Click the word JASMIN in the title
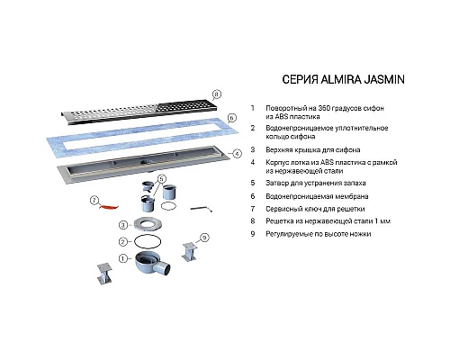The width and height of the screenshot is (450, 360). (384, 79)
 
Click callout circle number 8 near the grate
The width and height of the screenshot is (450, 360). (216, 94)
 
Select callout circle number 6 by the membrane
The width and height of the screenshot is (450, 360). (231, 118)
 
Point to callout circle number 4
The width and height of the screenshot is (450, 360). (237, 154)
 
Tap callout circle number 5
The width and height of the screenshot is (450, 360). (161, 179)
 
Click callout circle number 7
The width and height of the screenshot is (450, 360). (94, 200)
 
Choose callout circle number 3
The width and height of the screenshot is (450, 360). (123, 225)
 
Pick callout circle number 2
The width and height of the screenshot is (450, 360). (123, 241)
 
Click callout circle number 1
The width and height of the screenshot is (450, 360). (123, 258)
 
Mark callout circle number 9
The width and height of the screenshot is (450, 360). (204, 238)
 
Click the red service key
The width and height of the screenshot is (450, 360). (109, 207)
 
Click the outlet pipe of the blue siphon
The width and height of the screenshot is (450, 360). (165, 268)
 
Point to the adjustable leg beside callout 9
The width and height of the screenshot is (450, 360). (190, 252)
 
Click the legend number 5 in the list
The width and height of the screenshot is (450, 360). (253, 183)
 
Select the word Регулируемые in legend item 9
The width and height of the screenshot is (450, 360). (287, 234)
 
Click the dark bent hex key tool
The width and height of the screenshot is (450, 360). (202, 208)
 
